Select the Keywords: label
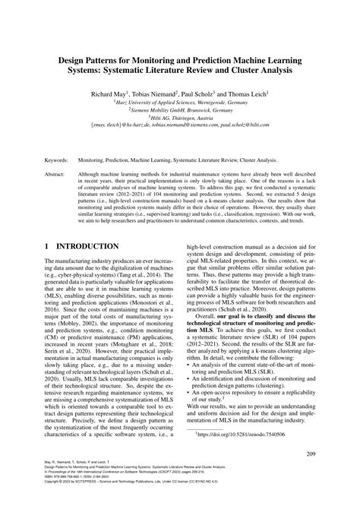[x=58, y=160]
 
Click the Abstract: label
[x=58, y=174]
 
